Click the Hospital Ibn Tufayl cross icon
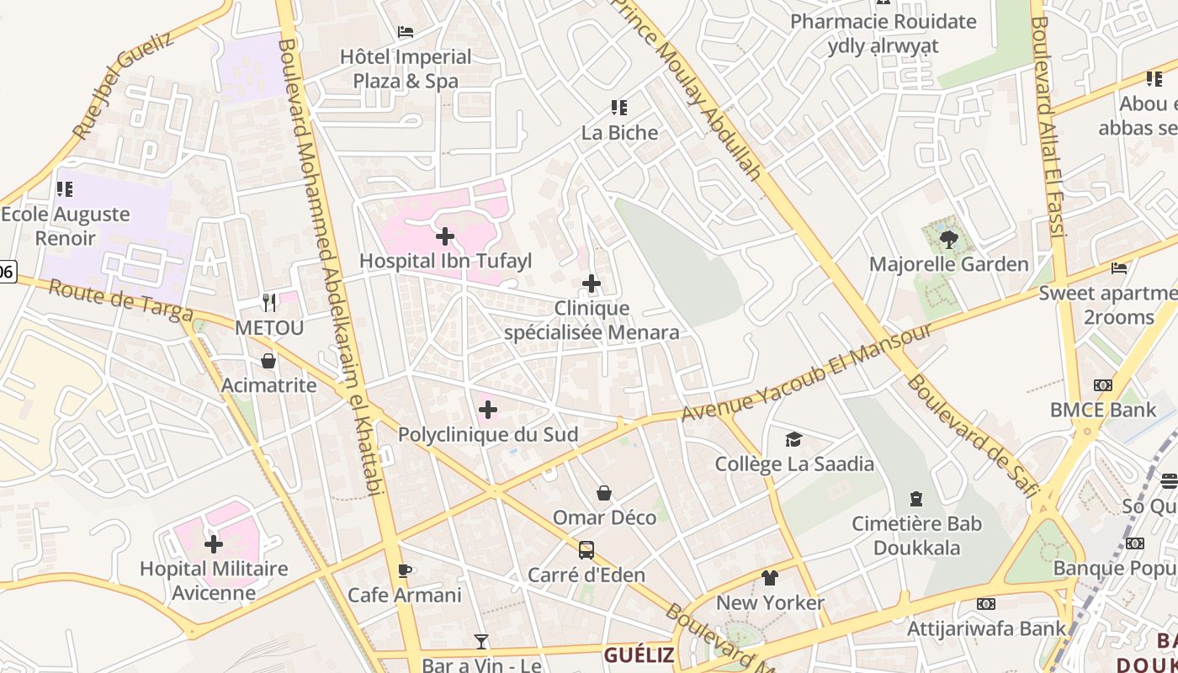[x=445, y=236]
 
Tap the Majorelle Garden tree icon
[x=948, y=240]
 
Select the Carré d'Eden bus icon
[x=586, y=551]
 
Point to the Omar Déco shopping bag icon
[x=604, y=493]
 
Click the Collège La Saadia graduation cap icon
[x=793, y=440]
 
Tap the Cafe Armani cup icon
[x=405, y=571]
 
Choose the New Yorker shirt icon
[x=770, y=578]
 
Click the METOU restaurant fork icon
[x=269, y=302]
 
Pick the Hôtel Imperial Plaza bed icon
[x=406, y=33]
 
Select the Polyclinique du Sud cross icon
[x=487, y=411]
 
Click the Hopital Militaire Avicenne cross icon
[x=214, y=544]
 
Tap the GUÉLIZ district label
[x=639, y=655]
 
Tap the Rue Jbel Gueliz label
[x=122, y=86]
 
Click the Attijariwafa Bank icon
[x=986, y=604]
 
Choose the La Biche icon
[x=619, y=108]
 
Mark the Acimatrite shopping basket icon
[x=268, y=362]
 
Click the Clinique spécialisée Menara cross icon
[x=592, y=284]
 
